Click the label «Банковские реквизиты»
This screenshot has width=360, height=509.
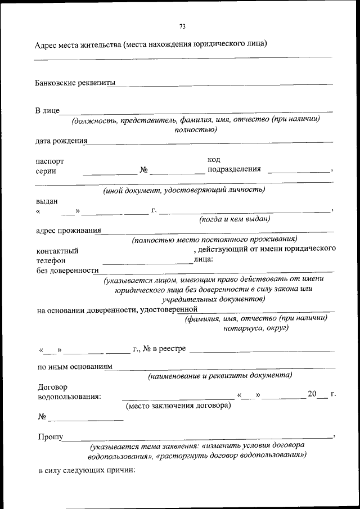click(x=71, y=83)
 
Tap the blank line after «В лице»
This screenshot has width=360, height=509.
click(x=196, y=111)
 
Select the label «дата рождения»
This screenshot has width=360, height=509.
click(x=61, y=141)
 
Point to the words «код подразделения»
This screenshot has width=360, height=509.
click(x=234, y=165)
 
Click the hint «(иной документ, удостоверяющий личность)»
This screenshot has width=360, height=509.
click(x=184, y=190)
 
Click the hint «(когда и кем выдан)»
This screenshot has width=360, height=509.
click(x=235, y=218)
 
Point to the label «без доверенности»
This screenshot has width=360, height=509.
click(x=67, y=271)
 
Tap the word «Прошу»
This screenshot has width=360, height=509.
click(x=51, y=436)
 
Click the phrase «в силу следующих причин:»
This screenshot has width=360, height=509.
click(x=87, y=470)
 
